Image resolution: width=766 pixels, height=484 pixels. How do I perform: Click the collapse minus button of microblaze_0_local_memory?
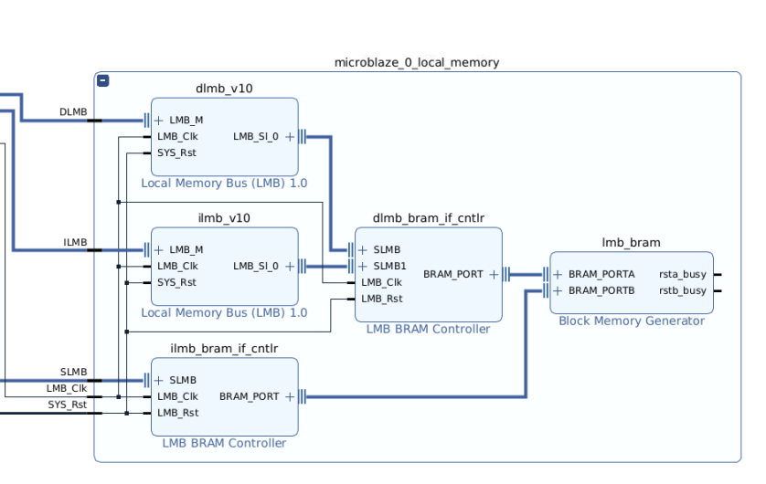click(x=103, y=80)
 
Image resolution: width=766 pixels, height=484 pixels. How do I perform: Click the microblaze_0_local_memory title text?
click(x=417, y=62)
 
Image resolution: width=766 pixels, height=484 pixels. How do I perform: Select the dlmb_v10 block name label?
click(x=224, y=89)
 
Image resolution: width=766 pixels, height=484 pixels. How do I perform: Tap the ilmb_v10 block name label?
click(x=224, y=218)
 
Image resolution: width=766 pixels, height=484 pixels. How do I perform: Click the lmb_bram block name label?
click(x=631, y=242)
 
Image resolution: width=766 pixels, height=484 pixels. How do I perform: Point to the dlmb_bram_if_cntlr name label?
click(x=428, y=217)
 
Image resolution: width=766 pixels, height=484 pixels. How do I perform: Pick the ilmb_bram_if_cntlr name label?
click(x=224, y=348)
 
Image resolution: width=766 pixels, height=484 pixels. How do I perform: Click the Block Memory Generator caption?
click(x=631, y=321)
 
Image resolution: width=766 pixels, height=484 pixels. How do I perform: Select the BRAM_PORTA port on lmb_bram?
click(x=601, y=274)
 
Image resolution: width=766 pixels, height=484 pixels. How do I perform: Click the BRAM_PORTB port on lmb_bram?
click(x=601, y=290)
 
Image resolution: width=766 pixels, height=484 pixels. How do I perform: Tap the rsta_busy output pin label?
click(x=682, y=274)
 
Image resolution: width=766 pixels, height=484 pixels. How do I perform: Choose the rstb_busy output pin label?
click(x=682, y=290)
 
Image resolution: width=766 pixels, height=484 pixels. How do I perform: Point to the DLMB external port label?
click(x=73, y=112)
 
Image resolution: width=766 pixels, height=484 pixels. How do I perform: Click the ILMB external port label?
click(x=75, y=242)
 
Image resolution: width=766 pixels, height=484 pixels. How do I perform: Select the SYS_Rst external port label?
click(x=68, y=404)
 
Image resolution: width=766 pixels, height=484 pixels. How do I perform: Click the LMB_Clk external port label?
click(x=67, y=388)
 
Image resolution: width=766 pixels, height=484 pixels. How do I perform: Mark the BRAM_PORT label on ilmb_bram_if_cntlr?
click(x=249, y=396)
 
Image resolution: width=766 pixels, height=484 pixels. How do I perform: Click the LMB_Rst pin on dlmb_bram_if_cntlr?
click(x=381, y=299)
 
